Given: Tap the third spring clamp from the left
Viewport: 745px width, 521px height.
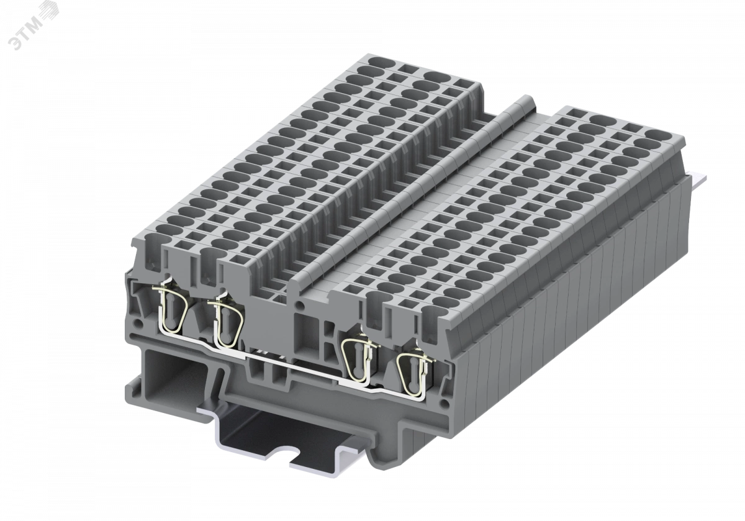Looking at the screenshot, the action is tap(359, 359).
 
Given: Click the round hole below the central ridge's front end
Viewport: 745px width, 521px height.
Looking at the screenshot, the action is tap(300, 304).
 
